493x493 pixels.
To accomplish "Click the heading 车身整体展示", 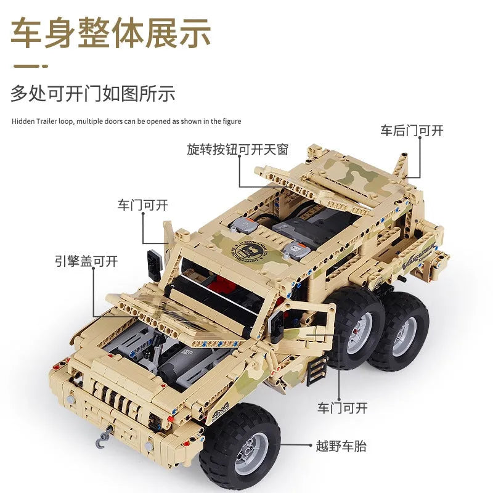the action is click(x=111, y=33).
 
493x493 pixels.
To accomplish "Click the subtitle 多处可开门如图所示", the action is click(x=93, y=94).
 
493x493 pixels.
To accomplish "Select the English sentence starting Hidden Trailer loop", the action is click(x=126, y=121).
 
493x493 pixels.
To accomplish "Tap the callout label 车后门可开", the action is click(x=412, y=131).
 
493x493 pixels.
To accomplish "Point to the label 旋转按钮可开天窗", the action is click(x=238, y=149).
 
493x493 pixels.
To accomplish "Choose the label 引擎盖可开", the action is click(x=86, y=261).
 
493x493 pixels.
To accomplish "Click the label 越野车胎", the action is click(x=341, y=446).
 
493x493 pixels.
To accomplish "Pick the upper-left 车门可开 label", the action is click(x=143, y=205).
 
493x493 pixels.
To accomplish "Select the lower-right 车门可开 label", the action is click(x=343, y=408).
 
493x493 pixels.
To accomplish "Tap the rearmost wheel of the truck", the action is click(x=397, y=335).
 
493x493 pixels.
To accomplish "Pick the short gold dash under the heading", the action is click(x=31, y=66).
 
